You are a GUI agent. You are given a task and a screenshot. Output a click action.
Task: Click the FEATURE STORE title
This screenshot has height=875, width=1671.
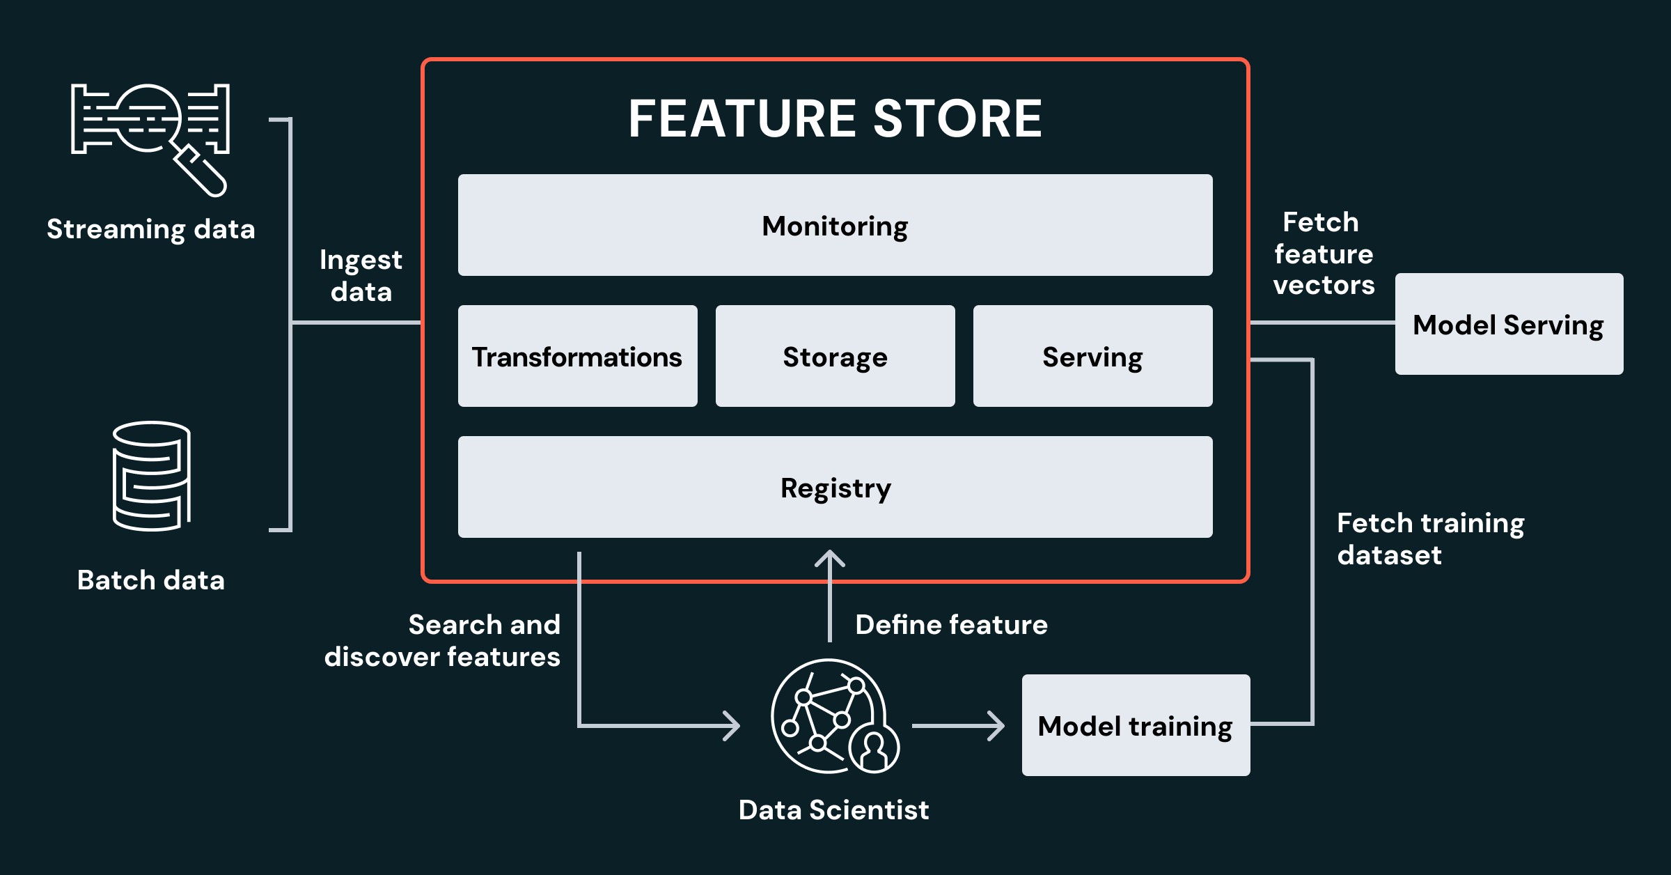tap(835, 118)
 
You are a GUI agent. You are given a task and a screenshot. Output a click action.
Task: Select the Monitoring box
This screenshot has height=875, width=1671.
tap(835, 225)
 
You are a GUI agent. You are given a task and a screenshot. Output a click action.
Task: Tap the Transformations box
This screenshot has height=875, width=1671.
tap(577, 356)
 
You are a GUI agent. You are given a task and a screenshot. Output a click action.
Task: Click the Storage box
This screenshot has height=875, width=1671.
tap(835, 356)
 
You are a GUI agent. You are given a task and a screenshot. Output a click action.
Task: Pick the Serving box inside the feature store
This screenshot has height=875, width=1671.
tap(1092, 356)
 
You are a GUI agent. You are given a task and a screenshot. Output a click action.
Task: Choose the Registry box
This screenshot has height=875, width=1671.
tap(835, 487)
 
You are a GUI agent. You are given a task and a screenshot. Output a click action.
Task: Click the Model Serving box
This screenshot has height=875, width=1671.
tap(1509, 324)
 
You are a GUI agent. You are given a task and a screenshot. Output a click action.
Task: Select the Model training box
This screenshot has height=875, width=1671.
tap(1136, 725)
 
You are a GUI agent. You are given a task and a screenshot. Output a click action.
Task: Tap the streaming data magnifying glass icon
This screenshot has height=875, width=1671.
tap(150, 136)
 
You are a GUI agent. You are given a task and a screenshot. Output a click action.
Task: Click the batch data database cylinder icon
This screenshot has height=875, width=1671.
tap(151, 476)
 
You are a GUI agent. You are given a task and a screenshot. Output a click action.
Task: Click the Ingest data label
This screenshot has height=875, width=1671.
tap(361, 275)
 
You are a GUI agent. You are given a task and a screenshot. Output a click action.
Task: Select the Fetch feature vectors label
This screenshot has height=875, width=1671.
tap(1324, 254)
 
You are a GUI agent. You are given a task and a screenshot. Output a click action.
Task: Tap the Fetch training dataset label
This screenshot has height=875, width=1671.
tap(1430, 539)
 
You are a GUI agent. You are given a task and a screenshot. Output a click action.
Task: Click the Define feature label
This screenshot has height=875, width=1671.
tap(951, 624)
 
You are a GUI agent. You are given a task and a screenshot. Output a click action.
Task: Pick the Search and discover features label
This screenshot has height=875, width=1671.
tap(443, 640)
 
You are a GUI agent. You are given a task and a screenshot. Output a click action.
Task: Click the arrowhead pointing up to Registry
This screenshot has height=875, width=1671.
tap(830, 559)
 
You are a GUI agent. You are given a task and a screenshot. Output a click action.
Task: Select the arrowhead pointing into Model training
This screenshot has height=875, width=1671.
tap(996, 726)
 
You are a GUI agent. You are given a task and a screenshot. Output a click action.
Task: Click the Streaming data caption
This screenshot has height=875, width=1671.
tap(150, 229)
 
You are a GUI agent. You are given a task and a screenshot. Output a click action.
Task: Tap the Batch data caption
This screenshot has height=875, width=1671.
tap(150, 580)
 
